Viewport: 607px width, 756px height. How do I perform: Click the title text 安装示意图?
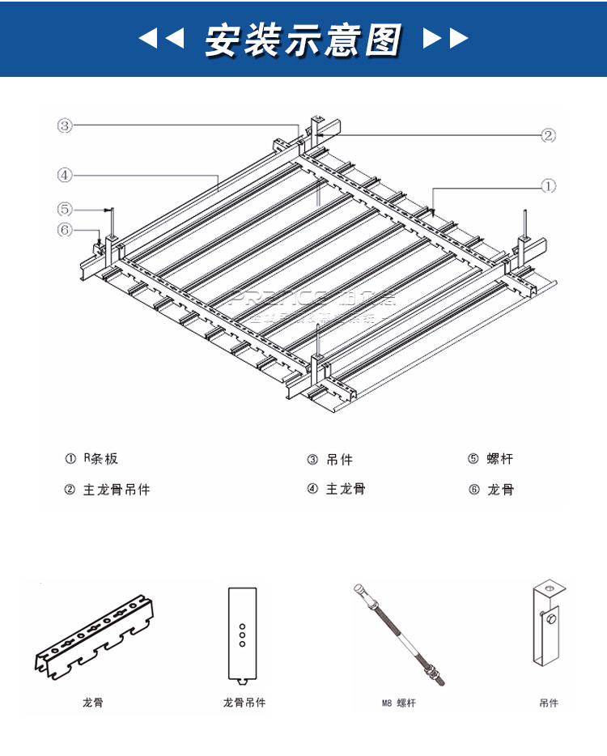(x=303, y=38)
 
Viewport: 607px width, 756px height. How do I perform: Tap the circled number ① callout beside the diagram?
(x=549, y=186)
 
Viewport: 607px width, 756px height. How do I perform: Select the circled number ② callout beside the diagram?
(x=549, y=135)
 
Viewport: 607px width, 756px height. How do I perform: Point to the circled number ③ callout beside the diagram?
(x=65, y=125)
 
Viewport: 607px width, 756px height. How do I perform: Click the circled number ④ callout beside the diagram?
(x=65, y=174)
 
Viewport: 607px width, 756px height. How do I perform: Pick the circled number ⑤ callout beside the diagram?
(x=65, y=208)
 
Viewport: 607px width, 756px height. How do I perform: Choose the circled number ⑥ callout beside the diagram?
(x=65, y=230)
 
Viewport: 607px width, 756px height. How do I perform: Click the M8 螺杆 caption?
(x=398, y=703)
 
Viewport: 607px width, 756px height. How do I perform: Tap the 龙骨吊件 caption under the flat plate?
(x=244, y=703)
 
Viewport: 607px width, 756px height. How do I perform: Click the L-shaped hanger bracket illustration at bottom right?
(x=548, y=623)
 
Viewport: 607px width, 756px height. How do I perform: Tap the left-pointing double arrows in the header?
(x=161, y=38)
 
